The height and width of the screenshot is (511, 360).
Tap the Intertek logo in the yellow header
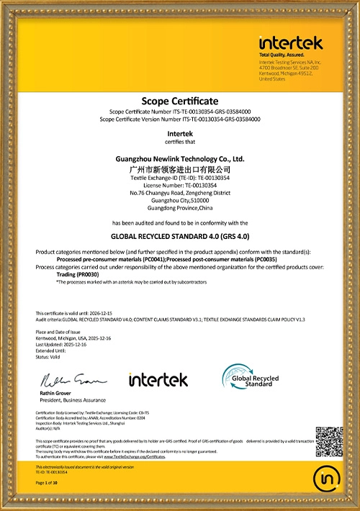click(x=291, y=42)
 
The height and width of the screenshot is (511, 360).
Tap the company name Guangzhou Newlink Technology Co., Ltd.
click(x=180, y=158)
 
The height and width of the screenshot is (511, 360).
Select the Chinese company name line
click(x=180, y=167)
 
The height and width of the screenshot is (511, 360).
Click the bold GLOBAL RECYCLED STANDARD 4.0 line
click(x=180, y=235)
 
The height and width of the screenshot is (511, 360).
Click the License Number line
click(x=180, y=185)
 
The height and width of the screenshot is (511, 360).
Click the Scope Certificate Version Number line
click(x=180, y=119)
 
